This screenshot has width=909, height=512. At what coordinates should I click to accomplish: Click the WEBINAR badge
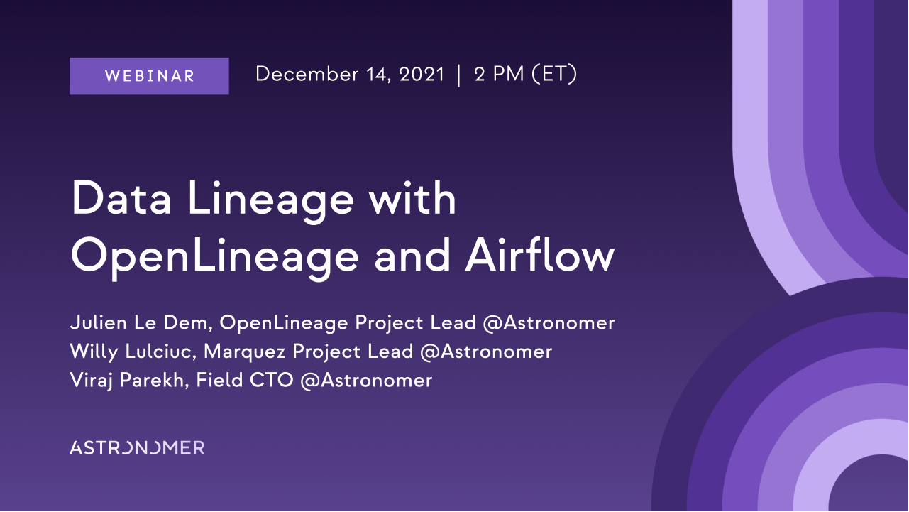[149, 76]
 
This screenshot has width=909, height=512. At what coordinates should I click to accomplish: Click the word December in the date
[307, 74]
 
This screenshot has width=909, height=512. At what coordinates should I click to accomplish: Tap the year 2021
[422, 74]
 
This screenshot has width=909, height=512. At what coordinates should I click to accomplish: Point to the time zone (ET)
[554, 74]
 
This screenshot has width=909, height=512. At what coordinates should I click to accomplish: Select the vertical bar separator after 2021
[459, 75]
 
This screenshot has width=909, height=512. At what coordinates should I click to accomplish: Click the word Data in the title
[121, 197]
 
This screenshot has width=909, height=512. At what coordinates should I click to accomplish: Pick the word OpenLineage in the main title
[215, 256]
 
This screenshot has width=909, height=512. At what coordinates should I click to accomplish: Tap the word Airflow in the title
[540, 254]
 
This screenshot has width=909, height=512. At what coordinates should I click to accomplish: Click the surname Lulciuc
[160, 352]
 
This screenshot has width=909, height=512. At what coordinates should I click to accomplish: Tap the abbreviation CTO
[271, 380]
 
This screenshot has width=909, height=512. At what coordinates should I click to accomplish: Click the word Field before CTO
[219, 380]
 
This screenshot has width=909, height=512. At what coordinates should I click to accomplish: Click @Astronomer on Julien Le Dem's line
[549, 323]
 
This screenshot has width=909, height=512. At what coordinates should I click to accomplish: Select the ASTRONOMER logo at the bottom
[137, 447]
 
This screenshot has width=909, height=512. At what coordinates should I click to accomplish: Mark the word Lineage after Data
[270, 201]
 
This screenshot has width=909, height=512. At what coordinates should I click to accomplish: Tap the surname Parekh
[154, 381]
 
